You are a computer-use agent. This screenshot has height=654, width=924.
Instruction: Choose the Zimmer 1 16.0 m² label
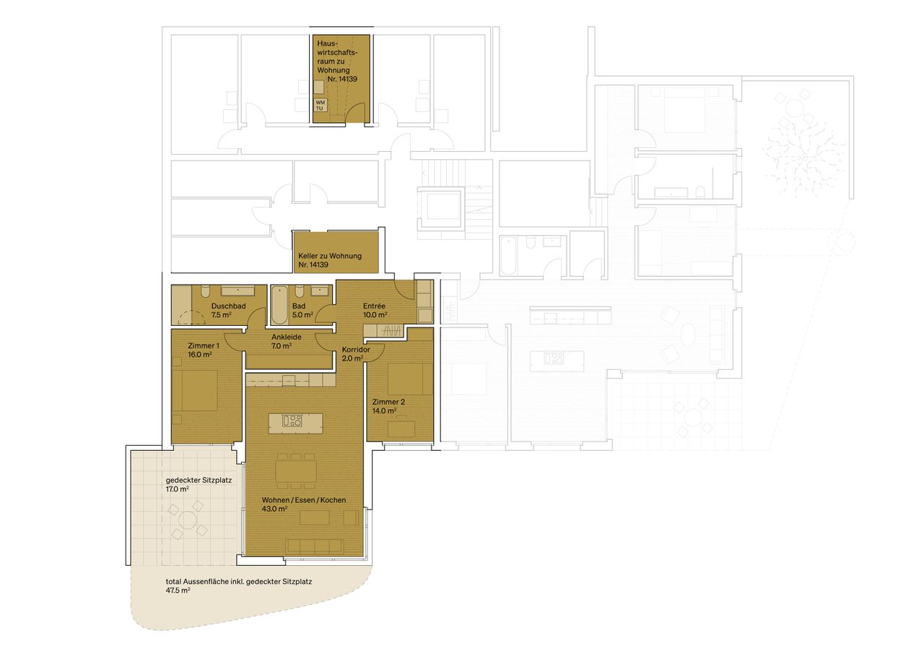coord(199,350)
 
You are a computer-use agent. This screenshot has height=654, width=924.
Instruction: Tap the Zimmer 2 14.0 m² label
coord(385,406)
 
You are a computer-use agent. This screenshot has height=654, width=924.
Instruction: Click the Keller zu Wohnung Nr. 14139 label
coord(330,261)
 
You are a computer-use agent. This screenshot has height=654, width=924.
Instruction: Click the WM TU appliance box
coord(321,106)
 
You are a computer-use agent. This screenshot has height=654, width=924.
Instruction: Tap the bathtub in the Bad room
coord(279,304)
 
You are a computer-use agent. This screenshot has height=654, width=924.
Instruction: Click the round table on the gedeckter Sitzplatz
coord(188,520)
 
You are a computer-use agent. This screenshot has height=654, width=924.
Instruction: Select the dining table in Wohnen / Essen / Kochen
coord(296,473)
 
